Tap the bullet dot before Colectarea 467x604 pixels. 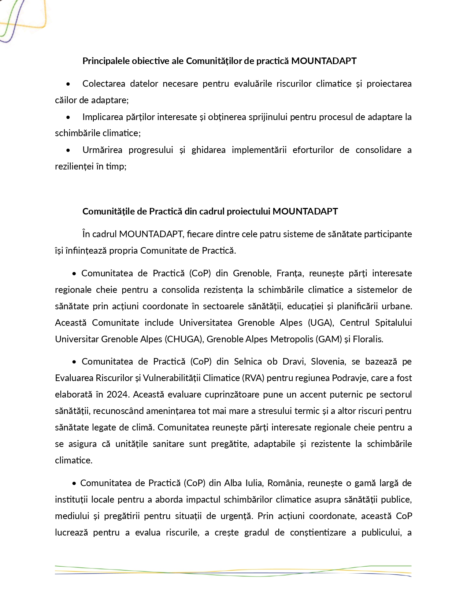click(x=68, y=84)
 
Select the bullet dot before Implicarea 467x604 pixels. click(x=68, y=118)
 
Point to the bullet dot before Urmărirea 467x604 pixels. click(x=68, y=150)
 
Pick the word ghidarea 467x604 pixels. click(x=208, y=150)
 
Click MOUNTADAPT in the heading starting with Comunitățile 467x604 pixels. click(x=305, y=211)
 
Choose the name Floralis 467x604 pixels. click(x=368, y=339)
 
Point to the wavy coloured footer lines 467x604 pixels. click(x=233, y=571)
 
